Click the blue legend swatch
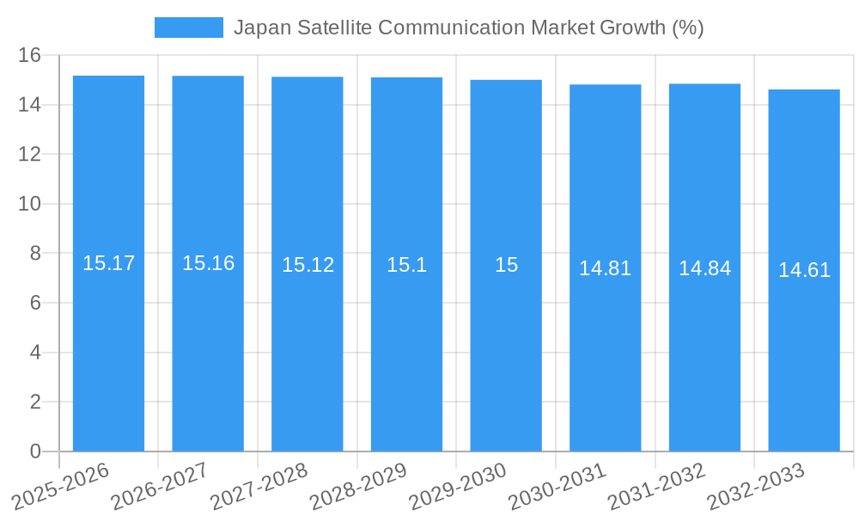(188, 28)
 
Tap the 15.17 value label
(108, 263)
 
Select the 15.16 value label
(208, 263)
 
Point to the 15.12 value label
(308, 265)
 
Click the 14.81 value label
(605, 268)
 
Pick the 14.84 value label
(704, 268)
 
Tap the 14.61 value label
(804, 270)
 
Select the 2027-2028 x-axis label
(259, 486)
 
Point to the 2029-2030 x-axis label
(458, 486)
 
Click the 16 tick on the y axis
(30, 56)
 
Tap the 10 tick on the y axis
(30, 204)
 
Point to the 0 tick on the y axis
(35, 451)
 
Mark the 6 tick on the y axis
(35, 303)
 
